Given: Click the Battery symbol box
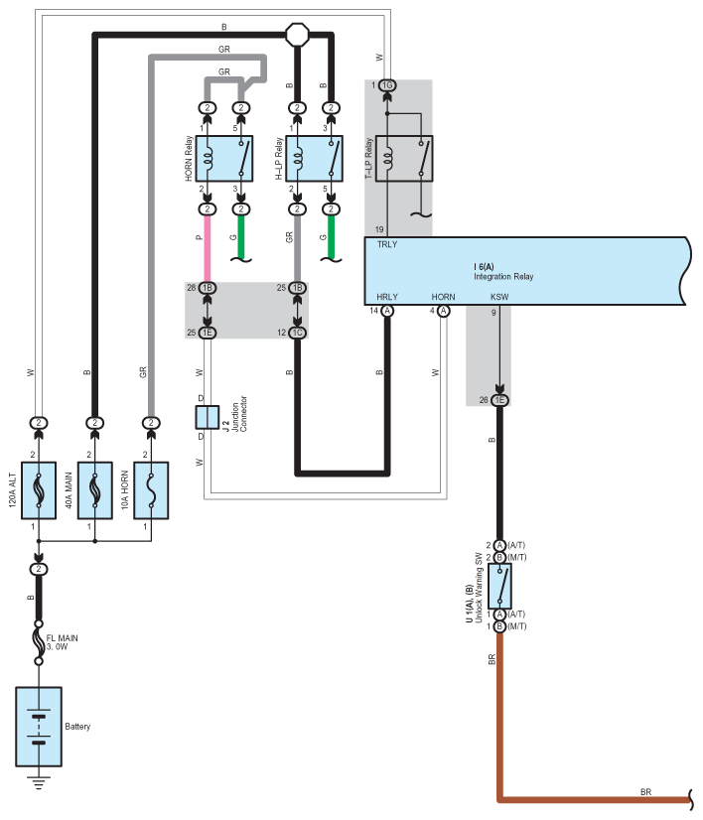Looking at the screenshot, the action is [39, 727].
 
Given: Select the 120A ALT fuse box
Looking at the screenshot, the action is [39, 490].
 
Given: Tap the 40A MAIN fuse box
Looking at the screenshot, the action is [94, 490].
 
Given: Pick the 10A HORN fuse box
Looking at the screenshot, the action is [151, 490].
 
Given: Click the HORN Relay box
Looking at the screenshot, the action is [224, 159].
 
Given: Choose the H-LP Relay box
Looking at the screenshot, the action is [315, 159].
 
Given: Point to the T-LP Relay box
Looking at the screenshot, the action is [404, 159].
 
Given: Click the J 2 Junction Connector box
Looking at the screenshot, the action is [208, 417].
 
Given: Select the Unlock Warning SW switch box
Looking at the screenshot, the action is [499, 586].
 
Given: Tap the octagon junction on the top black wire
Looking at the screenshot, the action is [298, 35].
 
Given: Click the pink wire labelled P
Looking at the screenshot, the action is [208, 248].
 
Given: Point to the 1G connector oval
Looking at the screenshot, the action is [387, 85].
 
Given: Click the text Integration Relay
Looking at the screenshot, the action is [503, 277].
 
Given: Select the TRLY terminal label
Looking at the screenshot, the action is [387, 244].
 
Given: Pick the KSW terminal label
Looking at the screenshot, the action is [499, 297].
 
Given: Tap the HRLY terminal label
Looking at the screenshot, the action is [387, 297].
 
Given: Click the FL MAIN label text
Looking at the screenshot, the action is [63, 638].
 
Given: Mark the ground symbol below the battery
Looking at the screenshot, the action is [39, 782].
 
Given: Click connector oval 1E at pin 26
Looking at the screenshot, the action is [499, 400].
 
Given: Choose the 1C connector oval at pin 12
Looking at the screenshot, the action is [298, 333].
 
